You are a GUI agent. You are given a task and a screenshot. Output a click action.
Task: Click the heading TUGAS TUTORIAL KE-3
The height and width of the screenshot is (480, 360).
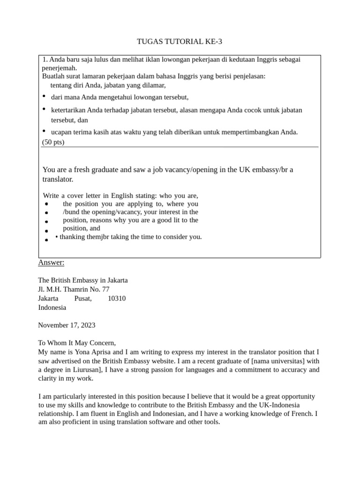(x=180, y=42)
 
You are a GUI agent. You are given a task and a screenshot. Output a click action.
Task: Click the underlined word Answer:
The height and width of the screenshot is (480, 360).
(x=51, y=262)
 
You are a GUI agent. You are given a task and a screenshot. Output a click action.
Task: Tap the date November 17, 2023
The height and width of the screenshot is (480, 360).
(x=66, y=325)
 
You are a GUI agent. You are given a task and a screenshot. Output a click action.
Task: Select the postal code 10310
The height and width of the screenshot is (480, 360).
(x=117, y=299)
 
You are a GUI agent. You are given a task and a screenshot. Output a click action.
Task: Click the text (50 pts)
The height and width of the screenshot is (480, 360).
(x=53, y=142)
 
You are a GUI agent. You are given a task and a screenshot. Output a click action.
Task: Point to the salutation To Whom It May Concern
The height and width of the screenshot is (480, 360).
(x=76, y=343)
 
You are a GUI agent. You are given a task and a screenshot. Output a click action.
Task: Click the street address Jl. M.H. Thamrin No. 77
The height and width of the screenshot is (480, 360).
(x=74, y=289)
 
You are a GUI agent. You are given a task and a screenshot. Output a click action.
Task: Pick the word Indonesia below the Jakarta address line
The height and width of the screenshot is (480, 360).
(x=52, y=307)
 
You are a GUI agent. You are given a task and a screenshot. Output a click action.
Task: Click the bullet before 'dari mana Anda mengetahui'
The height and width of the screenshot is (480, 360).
(x=44, y=96)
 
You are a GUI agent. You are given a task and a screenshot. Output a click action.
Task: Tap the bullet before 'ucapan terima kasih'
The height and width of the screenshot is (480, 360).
(x=44, y=131)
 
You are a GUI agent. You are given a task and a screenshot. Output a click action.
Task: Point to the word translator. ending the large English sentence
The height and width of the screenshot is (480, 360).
(x=58, y=179)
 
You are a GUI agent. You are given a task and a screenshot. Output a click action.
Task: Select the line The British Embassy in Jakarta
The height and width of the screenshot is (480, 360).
(x=83, y=280)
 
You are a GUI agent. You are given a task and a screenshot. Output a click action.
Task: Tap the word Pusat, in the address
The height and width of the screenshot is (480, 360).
(x=83, y=299)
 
